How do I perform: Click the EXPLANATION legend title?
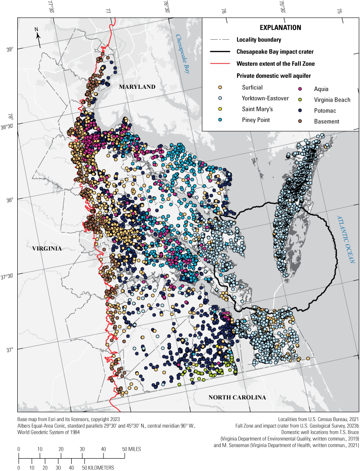(x=280, y=27)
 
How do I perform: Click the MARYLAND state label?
(x=137, y=87)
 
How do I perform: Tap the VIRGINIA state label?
(x=47, y=249)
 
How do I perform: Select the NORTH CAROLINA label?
(x=237, y=397)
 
